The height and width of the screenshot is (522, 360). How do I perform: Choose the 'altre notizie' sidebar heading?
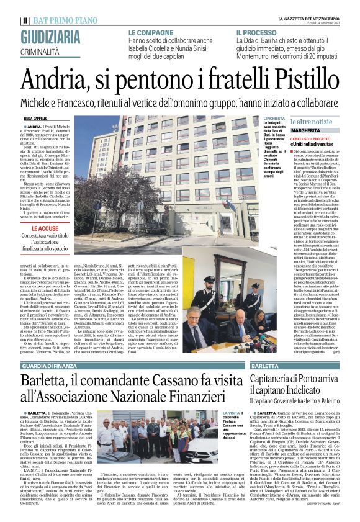(317, 122)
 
